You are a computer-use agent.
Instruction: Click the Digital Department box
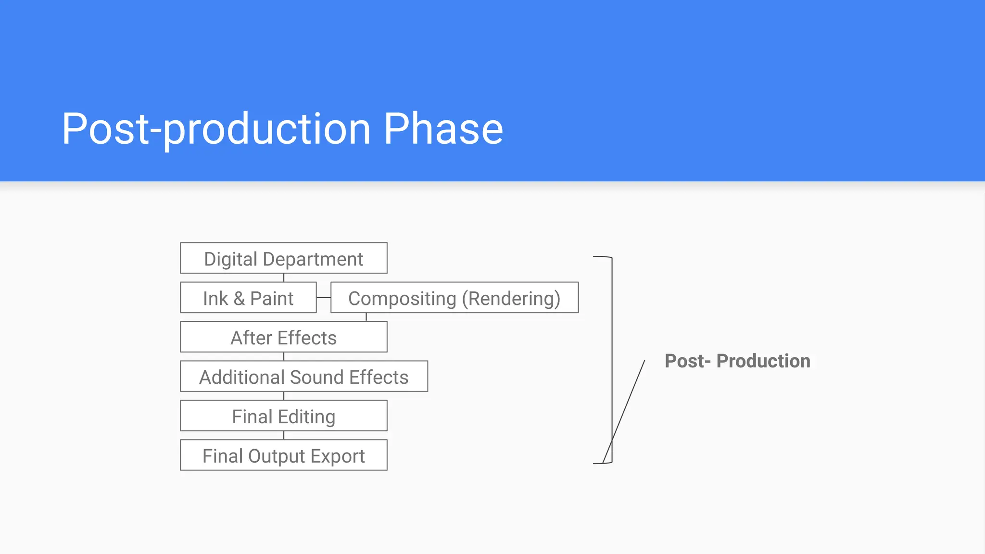coord(283,258)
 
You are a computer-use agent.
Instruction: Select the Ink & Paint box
coord(248,298)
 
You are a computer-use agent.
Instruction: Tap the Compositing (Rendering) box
coord(454,298)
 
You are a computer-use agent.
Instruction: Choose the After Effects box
coord(283,337)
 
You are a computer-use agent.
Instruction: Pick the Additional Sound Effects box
coord(303,377)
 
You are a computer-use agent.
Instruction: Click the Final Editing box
coord(283,416)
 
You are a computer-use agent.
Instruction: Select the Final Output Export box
coord(283,455)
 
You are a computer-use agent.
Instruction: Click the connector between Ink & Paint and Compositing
coord(324,298)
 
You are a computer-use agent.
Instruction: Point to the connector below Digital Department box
coord(284,277)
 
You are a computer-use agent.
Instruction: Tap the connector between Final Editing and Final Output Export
coord(284,435)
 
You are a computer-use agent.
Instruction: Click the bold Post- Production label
coord(737,361)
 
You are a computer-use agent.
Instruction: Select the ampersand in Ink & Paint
coord(239,298)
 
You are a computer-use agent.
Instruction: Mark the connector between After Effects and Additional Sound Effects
coord(284,356)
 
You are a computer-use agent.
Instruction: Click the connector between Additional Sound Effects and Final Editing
coord(284,396)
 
